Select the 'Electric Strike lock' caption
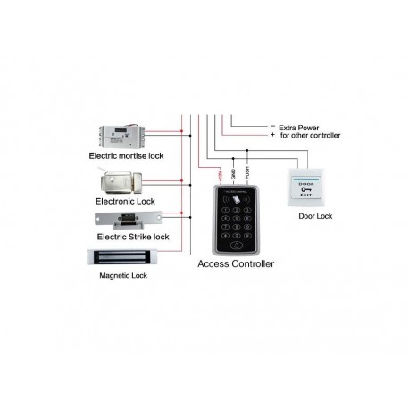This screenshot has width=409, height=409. [131, 237]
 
